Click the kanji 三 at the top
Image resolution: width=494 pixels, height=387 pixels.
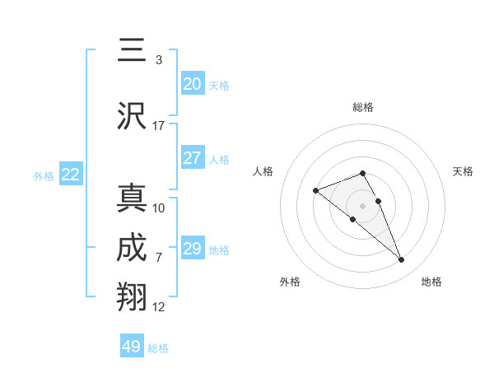point(132,51)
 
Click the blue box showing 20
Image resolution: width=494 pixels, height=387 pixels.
point(193,84)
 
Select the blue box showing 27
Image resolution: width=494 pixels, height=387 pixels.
point(193,158)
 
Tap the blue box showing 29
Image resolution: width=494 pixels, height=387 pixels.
point(193,249)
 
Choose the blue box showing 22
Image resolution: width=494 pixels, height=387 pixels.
point(71,175)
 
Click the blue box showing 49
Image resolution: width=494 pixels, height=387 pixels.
point(132,347)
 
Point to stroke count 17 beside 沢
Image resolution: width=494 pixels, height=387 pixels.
point(159,126)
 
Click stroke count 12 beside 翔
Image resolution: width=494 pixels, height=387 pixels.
point(159,307)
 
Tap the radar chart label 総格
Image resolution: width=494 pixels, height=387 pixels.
point(362,107)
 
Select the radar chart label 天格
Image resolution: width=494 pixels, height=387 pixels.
point(464,171)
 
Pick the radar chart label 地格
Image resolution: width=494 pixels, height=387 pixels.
point(431,282)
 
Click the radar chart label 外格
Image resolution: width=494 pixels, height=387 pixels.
point(290,282)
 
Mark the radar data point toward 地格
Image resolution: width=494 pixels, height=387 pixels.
point(402,260)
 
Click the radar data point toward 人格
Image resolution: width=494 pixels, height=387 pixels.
point(315,191)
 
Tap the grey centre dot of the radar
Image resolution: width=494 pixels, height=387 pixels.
point(362,205)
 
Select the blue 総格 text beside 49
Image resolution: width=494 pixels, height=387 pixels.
point(159,348)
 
